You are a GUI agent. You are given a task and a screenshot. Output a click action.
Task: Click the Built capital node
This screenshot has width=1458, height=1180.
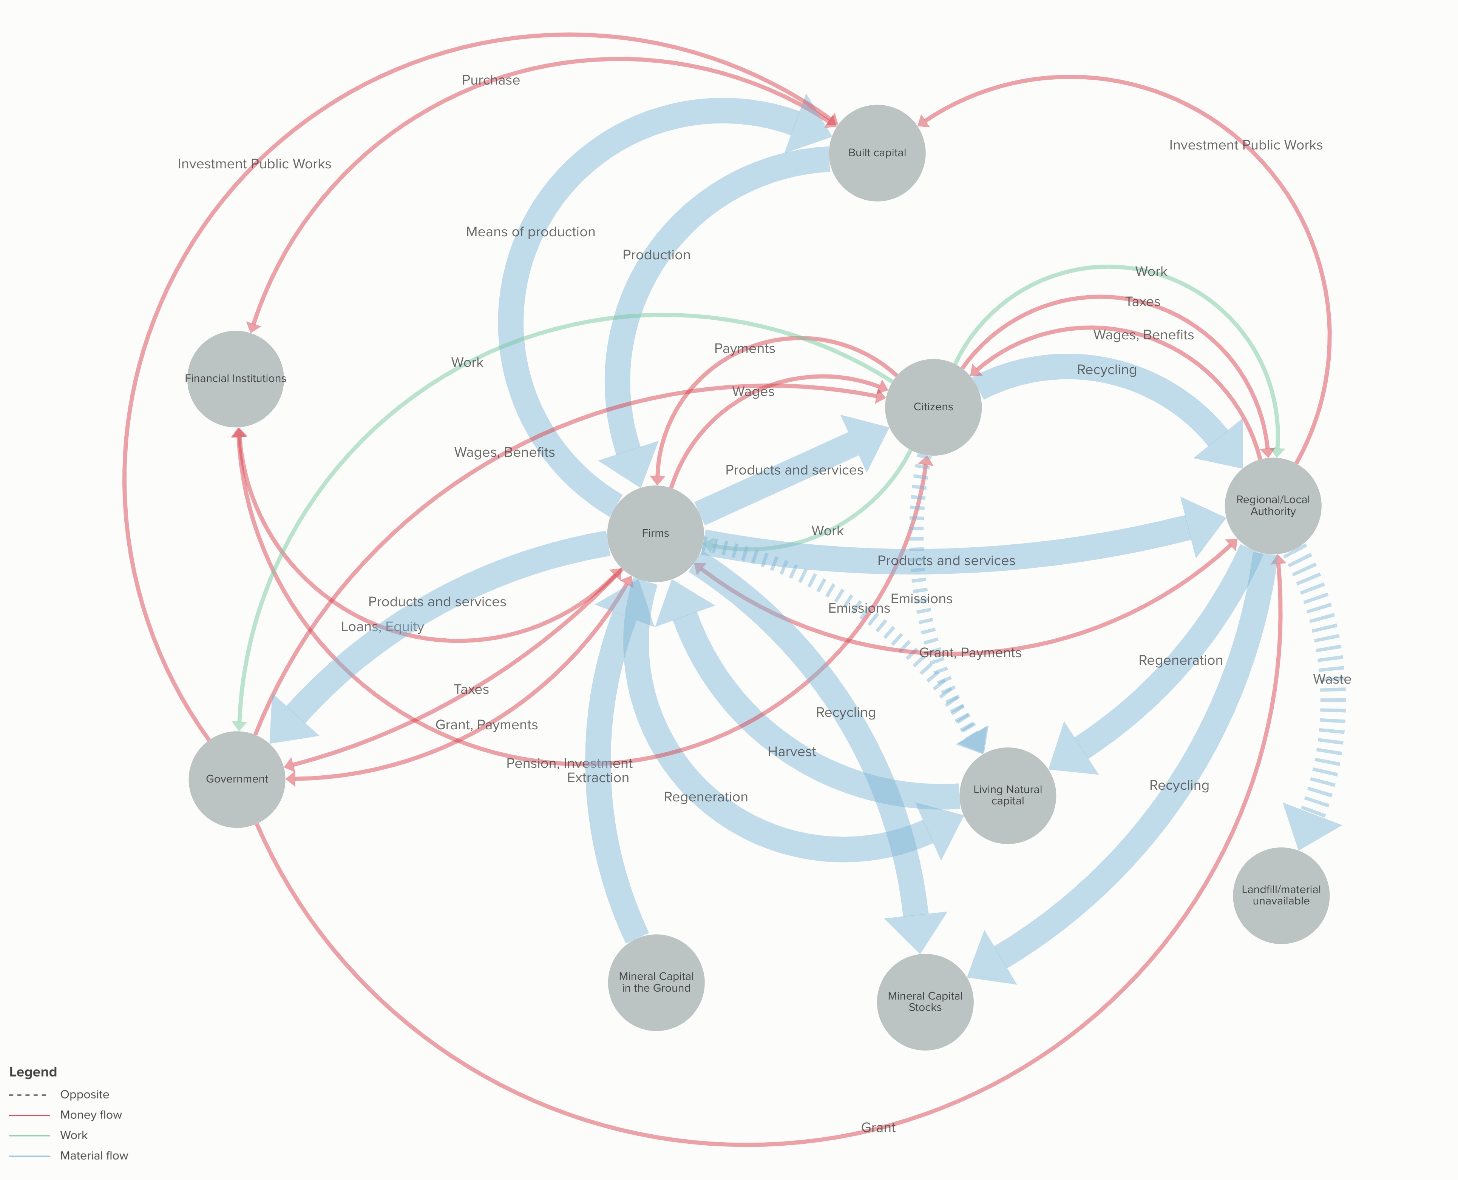877,153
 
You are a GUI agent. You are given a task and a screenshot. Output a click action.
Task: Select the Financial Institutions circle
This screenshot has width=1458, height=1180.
235,379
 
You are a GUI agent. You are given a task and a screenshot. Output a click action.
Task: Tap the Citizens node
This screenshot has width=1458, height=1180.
933,407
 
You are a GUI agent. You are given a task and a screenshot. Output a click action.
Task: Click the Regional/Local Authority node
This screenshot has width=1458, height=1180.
1272,506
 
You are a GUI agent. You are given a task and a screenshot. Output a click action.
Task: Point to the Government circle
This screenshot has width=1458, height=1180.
237,779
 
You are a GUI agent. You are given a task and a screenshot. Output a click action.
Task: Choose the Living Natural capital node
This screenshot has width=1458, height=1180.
1007,795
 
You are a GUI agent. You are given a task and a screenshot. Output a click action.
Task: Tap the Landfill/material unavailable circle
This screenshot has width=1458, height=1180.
1280,895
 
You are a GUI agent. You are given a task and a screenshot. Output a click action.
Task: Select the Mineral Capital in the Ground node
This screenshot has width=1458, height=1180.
656,982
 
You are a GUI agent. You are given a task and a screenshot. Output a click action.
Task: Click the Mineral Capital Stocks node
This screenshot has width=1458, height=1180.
925,1002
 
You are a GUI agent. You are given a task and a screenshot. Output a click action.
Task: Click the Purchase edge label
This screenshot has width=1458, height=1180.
490,80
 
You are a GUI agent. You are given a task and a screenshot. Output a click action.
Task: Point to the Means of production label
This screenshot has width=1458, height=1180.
530,232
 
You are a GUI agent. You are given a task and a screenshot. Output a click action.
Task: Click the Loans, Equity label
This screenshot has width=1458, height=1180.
382,627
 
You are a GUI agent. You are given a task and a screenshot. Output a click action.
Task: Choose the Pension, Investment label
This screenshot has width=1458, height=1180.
569,763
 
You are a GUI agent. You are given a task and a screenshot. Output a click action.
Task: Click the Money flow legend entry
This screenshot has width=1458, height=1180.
90,1115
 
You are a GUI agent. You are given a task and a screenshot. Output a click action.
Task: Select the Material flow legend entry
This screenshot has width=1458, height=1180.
94,1155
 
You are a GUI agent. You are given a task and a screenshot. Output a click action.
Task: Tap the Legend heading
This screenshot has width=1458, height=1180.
32,1072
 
